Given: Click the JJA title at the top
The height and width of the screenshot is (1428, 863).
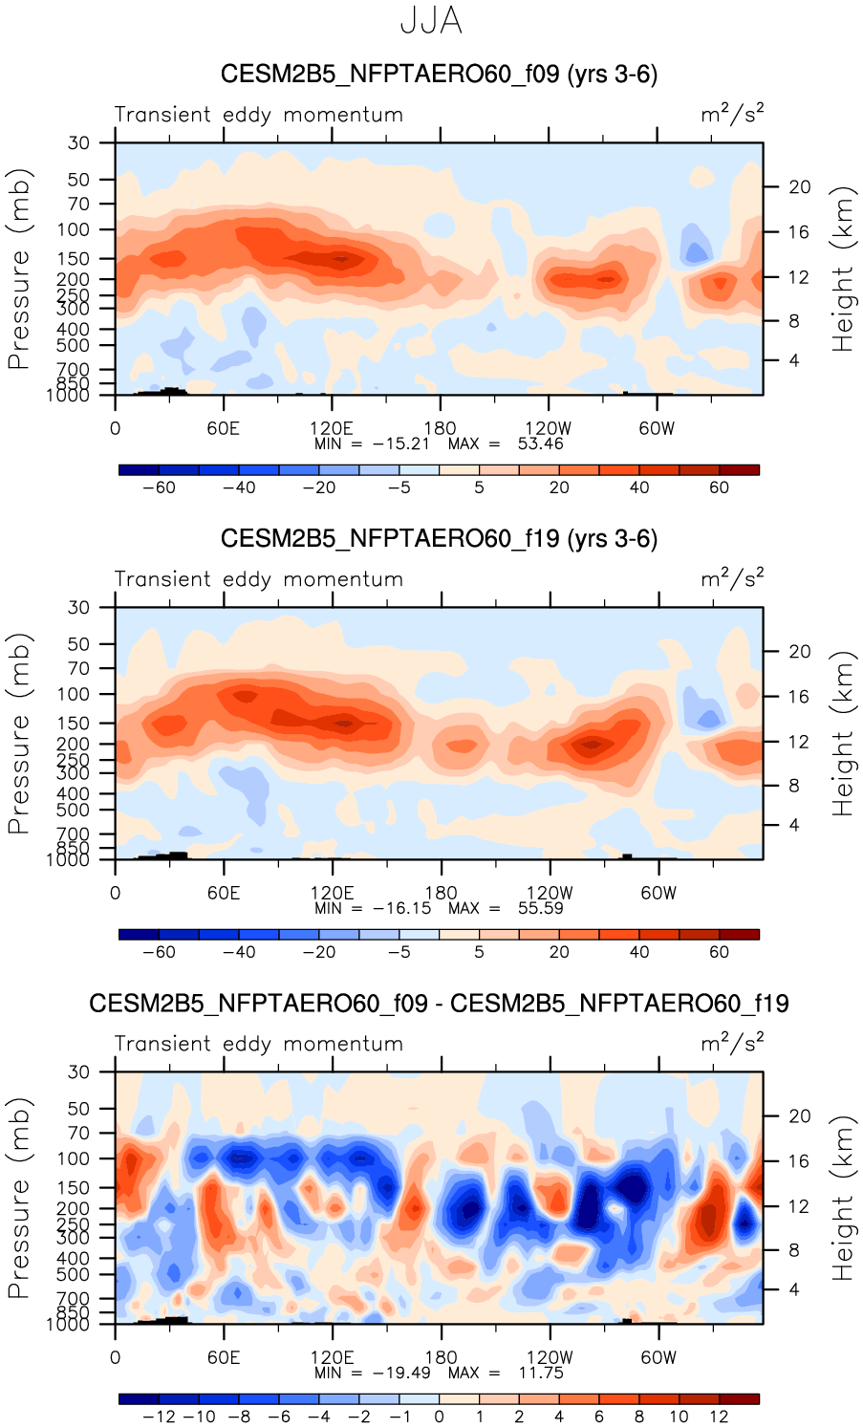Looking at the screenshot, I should tap(431, 21).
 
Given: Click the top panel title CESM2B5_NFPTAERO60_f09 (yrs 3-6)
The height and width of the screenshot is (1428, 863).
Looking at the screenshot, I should tap(439, 75).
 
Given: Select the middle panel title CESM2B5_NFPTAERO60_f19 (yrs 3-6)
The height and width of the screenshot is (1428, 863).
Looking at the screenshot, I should tap(439, 539).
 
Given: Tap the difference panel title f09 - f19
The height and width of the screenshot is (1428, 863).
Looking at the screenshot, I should tap(439, 1004).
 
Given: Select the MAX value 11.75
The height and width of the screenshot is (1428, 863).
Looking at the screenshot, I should tap(540, 1373).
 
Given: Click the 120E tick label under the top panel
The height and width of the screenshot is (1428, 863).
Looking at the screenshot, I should tap(332, 428).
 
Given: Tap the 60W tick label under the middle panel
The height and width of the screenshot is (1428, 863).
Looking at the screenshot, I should tap(658, 893).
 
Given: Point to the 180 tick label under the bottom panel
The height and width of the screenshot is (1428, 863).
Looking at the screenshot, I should tap(441, 1357).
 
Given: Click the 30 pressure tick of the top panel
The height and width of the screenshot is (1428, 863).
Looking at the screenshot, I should tap(78, 143).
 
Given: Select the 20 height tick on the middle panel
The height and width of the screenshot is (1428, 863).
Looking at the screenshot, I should tap(799, 652).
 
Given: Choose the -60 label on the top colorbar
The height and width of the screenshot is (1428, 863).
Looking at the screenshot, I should tap(159, 487).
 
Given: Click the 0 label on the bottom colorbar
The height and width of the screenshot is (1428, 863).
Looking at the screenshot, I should tap(440, 1417).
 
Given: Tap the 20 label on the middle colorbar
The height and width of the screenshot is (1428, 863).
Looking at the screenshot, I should tap(559, 952).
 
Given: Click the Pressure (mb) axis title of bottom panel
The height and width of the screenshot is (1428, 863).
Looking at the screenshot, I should tap(19, 1199).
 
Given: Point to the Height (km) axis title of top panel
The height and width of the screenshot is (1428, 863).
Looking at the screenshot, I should tap(842, 270).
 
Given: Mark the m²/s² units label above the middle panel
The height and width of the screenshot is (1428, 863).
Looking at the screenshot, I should tap(732, 578).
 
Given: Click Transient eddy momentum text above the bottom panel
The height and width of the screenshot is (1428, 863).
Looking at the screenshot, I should tap(259, 1044).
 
